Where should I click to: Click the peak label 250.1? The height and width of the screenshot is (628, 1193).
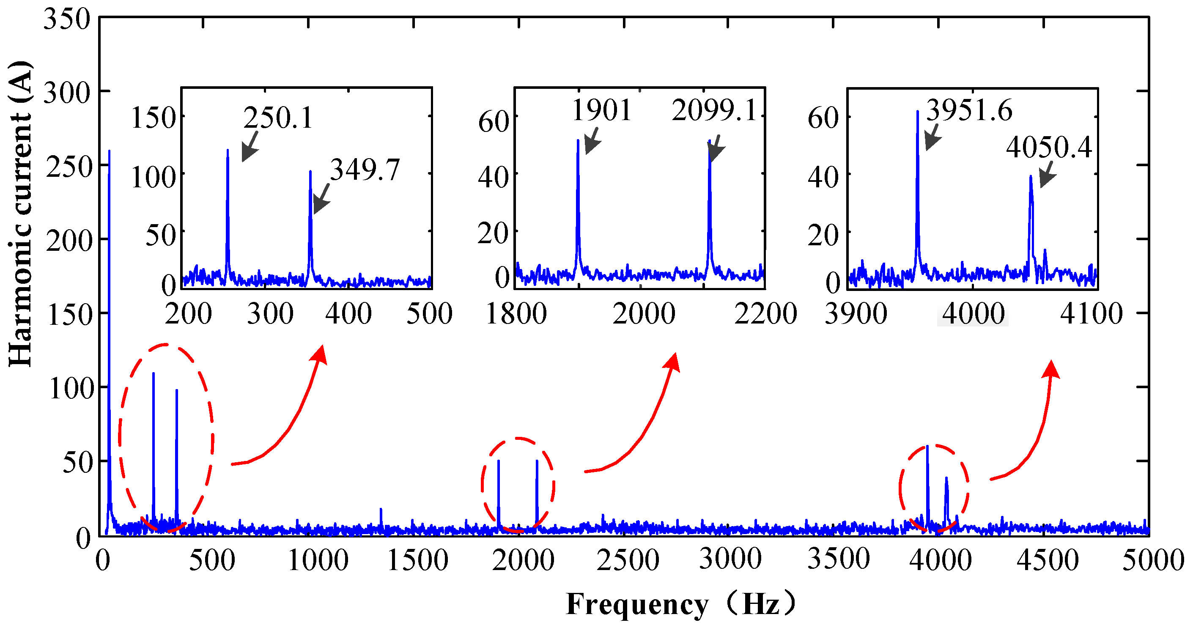tap(278, 118)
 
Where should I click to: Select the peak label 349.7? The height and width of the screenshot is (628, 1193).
tap(365, 170)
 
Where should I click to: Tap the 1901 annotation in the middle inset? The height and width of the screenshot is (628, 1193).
tap(601, 111)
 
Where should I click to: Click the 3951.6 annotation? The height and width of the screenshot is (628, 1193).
tap(969, 111)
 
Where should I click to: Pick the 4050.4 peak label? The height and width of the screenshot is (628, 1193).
tap(1048, 148)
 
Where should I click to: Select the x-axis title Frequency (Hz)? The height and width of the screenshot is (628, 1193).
tap(681, 604)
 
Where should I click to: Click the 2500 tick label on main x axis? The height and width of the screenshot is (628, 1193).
tap(627, 560)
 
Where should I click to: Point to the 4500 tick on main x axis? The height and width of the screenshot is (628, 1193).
tap(1048, 560)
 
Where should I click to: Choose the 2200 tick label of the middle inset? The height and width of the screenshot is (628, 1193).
tap(765, 313)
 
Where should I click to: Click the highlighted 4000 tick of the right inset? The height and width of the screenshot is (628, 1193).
tap(973, 313)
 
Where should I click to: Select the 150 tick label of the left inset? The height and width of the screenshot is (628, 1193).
tap(153, 118)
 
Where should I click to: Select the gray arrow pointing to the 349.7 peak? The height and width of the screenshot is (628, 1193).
tap(321, 199)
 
